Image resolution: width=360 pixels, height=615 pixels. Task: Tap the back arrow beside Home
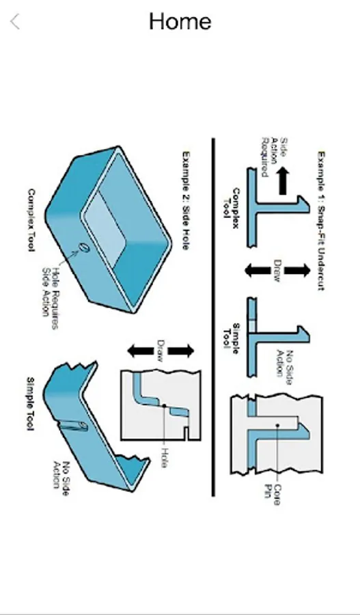[15, 22]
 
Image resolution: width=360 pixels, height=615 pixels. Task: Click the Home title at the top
[180, 22]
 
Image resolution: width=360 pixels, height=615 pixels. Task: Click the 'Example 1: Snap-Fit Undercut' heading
[321, 221]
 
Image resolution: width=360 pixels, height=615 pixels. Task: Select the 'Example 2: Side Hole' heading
[186, 201]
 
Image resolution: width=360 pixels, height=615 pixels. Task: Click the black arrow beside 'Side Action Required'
[282, 181]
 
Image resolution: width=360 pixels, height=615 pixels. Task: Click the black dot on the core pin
[277, 425]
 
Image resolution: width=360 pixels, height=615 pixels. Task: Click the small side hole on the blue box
[83, 248]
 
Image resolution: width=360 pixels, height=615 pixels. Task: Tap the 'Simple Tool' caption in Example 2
[31, 404]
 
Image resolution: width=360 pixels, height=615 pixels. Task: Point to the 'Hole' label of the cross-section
[163, 457]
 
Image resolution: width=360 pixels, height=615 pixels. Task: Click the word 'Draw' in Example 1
[277, 271]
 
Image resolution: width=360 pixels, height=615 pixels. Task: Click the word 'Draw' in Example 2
[161, 351]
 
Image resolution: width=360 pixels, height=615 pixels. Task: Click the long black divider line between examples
[213, 317]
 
